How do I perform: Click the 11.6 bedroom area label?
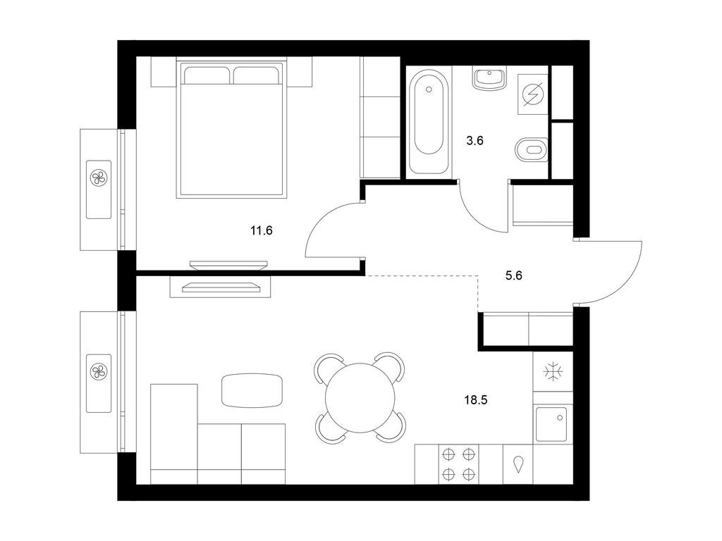262,230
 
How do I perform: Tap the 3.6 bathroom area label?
475,141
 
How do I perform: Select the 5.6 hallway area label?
513,275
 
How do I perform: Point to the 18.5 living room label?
476,400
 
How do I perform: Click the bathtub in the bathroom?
429,120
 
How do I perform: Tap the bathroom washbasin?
489,78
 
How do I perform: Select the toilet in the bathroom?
531,150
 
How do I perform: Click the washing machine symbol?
533,94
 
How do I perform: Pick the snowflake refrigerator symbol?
552,372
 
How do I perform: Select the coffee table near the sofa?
252,390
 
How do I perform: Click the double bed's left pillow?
207,75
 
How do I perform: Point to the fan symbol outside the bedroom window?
99,178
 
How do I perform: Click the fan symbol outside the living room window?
99,371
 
